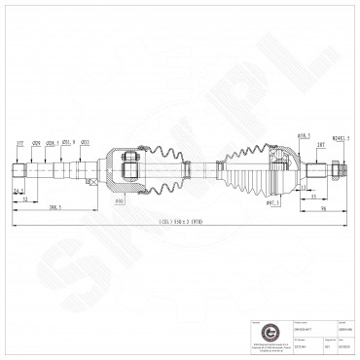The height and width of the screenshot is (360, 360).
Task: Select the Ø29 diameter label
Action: (x=36, y=143)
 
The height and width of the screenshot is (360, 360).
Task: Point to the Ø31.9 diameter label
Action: (x=67, y=143)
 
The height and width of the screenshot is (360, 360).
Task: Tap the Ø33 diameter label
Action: (x=86, y=143)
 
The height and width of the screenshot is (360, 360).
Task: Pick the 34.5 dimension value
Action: (x=18, y=193)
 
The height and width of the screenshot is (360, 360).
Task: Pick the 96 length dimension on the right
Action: (x=323, y=207)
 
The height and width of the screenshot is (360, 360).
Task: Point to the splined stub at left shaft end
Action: (x=18, y=169)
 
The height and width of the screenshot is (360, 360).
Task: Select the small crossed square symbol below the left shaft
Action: (x=90, y=182)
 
